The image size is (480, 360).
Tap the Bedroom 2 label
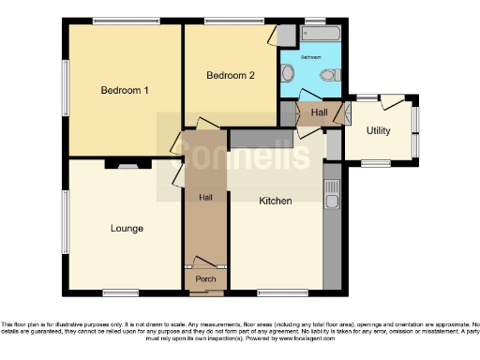click(231, 76)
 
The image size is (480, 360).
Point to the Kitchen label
click(276, 201)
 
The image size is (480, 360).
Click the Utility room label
click(379, 131)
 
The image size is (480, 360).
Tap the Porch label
click(205, 279)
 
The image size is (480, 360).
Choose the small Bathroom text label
click(310, 57)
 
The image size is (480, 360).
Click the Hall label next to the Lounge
click(205, 198)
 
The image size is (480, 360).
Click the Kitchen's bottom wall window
click(276, 292)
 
